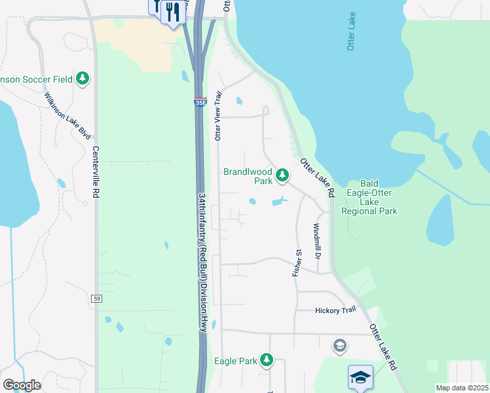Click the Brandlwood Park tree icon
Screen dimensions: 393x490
[x=282, y=175]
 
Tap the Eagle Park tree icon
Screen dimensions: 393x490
[x=267, y=360]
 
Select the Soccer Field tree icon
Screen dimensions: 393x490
[x=83, y=79]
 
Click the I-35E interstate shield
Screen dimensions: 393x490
[x=200, y=102]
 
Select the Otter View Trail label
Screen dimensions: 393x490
[x=219, y=115]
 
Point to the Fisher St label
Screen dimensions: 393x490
[x=297, y=262]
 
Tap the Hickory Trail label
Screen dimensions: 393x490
[x=335, y=310]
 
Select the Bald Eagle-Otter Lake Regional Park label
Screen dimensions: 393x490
[x=370, y=197]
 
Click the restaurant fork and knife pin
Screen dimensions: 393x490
[x=172, y=12]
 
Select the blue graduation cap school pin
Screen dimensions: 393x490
[x=360, y=377]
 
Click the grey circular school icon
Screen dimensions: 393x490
[x=339, y=345]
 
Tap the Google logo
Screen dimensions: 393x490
[x=22, y=385]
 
